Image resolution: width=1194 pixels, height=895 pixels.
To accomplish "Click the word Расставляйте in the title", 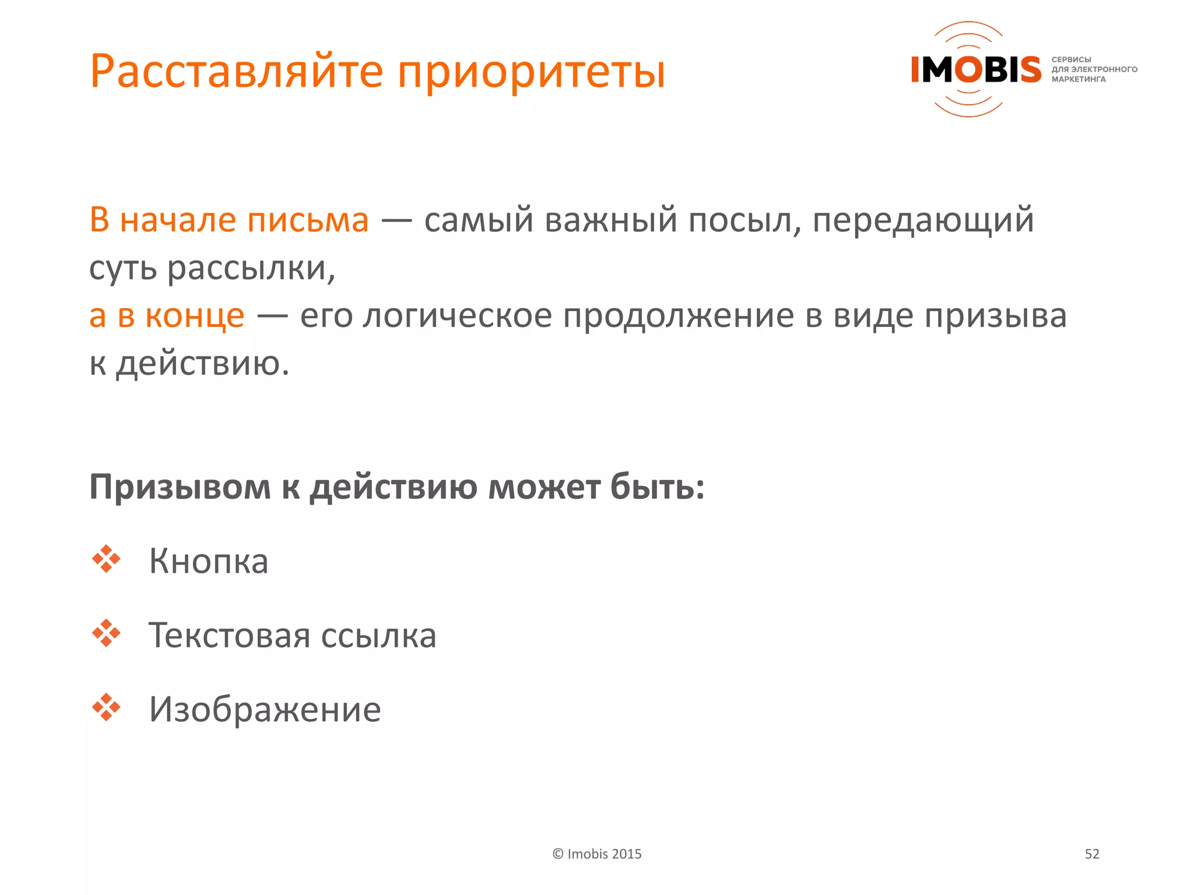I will (237, 72).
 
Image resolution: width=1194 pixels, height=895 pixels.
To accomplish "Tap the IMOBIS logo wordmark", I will (976, 69).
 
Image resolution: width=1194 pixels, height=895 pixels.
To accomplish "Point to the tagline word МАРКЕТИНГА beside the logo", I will (1078, 79).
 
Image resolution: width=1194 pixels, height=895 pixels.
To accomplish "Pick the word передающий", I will (923, 221).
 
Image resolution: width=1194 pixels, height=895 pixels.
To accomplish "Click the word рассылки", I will (251, 269).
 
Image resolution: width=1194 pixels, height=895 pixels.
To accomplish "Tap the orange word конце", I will (195, 316).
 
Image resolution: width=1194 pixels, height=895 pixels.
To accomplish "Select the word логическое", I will (457, 316).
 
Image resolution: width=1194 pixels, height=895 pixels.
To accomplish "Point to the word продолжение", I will (679, 316).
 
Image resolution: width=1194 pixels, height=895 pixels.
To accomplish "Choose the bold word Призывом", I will (180, 487).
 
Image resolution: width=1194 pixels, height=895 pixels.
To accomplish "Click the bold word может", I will (544, 487).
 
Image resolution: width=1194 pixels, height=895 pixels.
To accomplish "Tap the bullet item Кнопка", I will (209, 561).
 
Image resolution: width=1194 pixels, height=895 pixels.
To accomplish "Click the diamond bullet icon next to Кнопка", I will (106, 559).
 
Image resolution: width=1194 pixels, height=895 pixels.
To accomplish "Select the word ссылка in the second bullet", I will (378, 635).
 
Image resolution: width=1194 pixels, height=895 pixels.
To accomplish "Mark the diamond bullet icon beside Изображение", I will (106, 707).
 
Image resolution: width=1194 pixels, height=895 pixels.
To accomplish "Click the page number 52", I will (1091, 854).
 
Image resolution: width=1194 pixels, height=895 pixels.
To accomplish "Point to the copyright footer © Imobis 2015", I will (596, 854).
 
